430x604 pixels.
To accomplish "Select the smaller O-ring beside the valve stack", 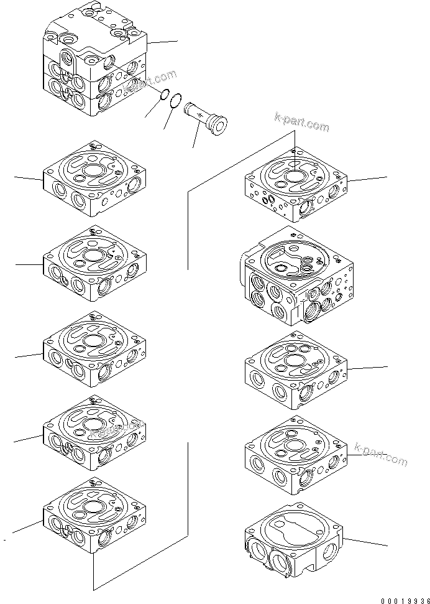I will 163,95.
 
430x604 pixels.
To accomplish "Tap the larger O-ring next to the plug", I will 176,100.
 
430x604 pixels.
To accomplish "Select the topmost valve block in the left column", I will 94,178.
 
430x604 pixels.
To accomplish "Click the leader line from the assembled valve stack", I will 163,42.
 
